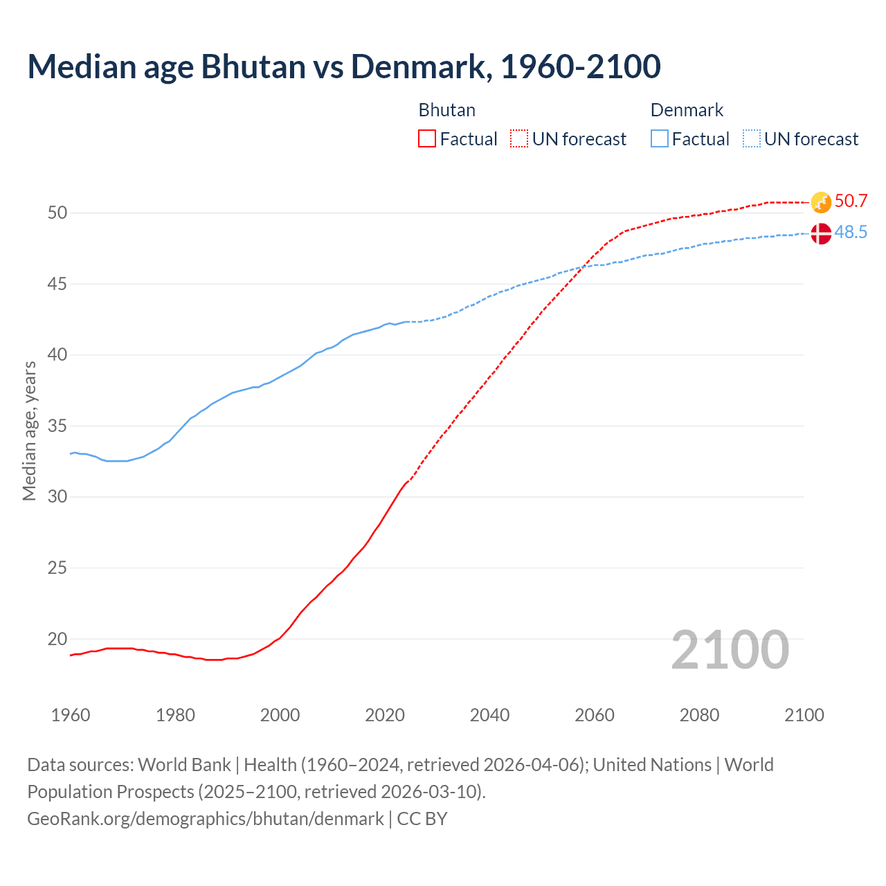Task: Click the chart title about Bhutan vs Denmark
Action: pyautogui.click(x=344, y=66)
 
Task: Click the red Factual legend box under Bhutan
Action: pyautogui.click(x=427, y=139)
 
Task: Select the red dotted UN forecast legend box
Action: pyautogui.click(x=519, y=139)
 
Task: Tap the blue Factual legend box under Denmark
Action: pyautogui.click(x=660, y=139)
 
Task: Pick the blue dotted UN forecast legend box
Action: pyautogui.click(x=752, y=139)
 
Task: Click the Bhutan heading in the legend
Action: pyautogui.click(x=446, y=110)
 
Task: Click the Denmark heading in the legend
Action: pyautogui.click(x=687, y=110)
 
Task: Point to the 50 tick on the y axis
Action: pyautogui.click(x=57, y=213)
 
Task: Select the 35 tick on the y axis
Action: pyautogui.click(x=57, y=426)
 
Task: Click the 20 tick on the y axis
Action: pyautogui.click(x=57, y=639)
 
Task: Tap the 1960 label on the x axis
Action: pyautogui.click(x=71, y=715)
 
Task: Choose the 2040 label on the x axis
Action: pyautogui.click(x=489, y=715)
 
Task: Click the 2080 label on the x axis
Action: pyautogui.click(x=699, y=715)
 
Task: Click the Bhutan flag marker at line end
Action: pyautogui.click(x=821, y=202)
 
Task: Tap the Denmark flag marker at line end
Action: pyautogui.click(x=821, y=233)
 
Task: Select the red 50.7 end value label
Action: pyautogui.click(x=851, y=201)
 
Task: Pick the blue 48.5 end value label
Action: pyautogui.click(x=851, y=233)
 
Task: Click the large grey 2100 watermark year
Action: pyautogui.click(x=730, y=650)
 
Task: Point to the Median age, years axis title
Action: pyautogui.click(x=29, y=431)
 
